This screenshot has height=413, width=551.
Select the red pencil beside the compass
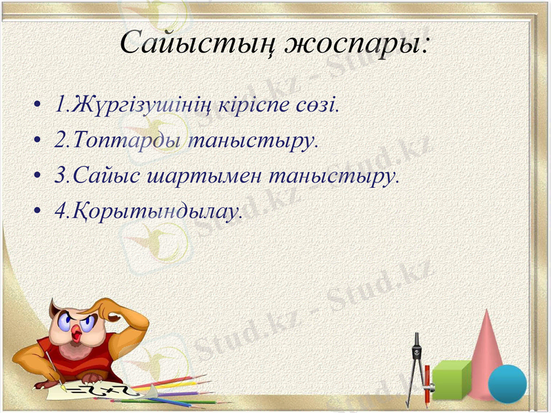(427, 385)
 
